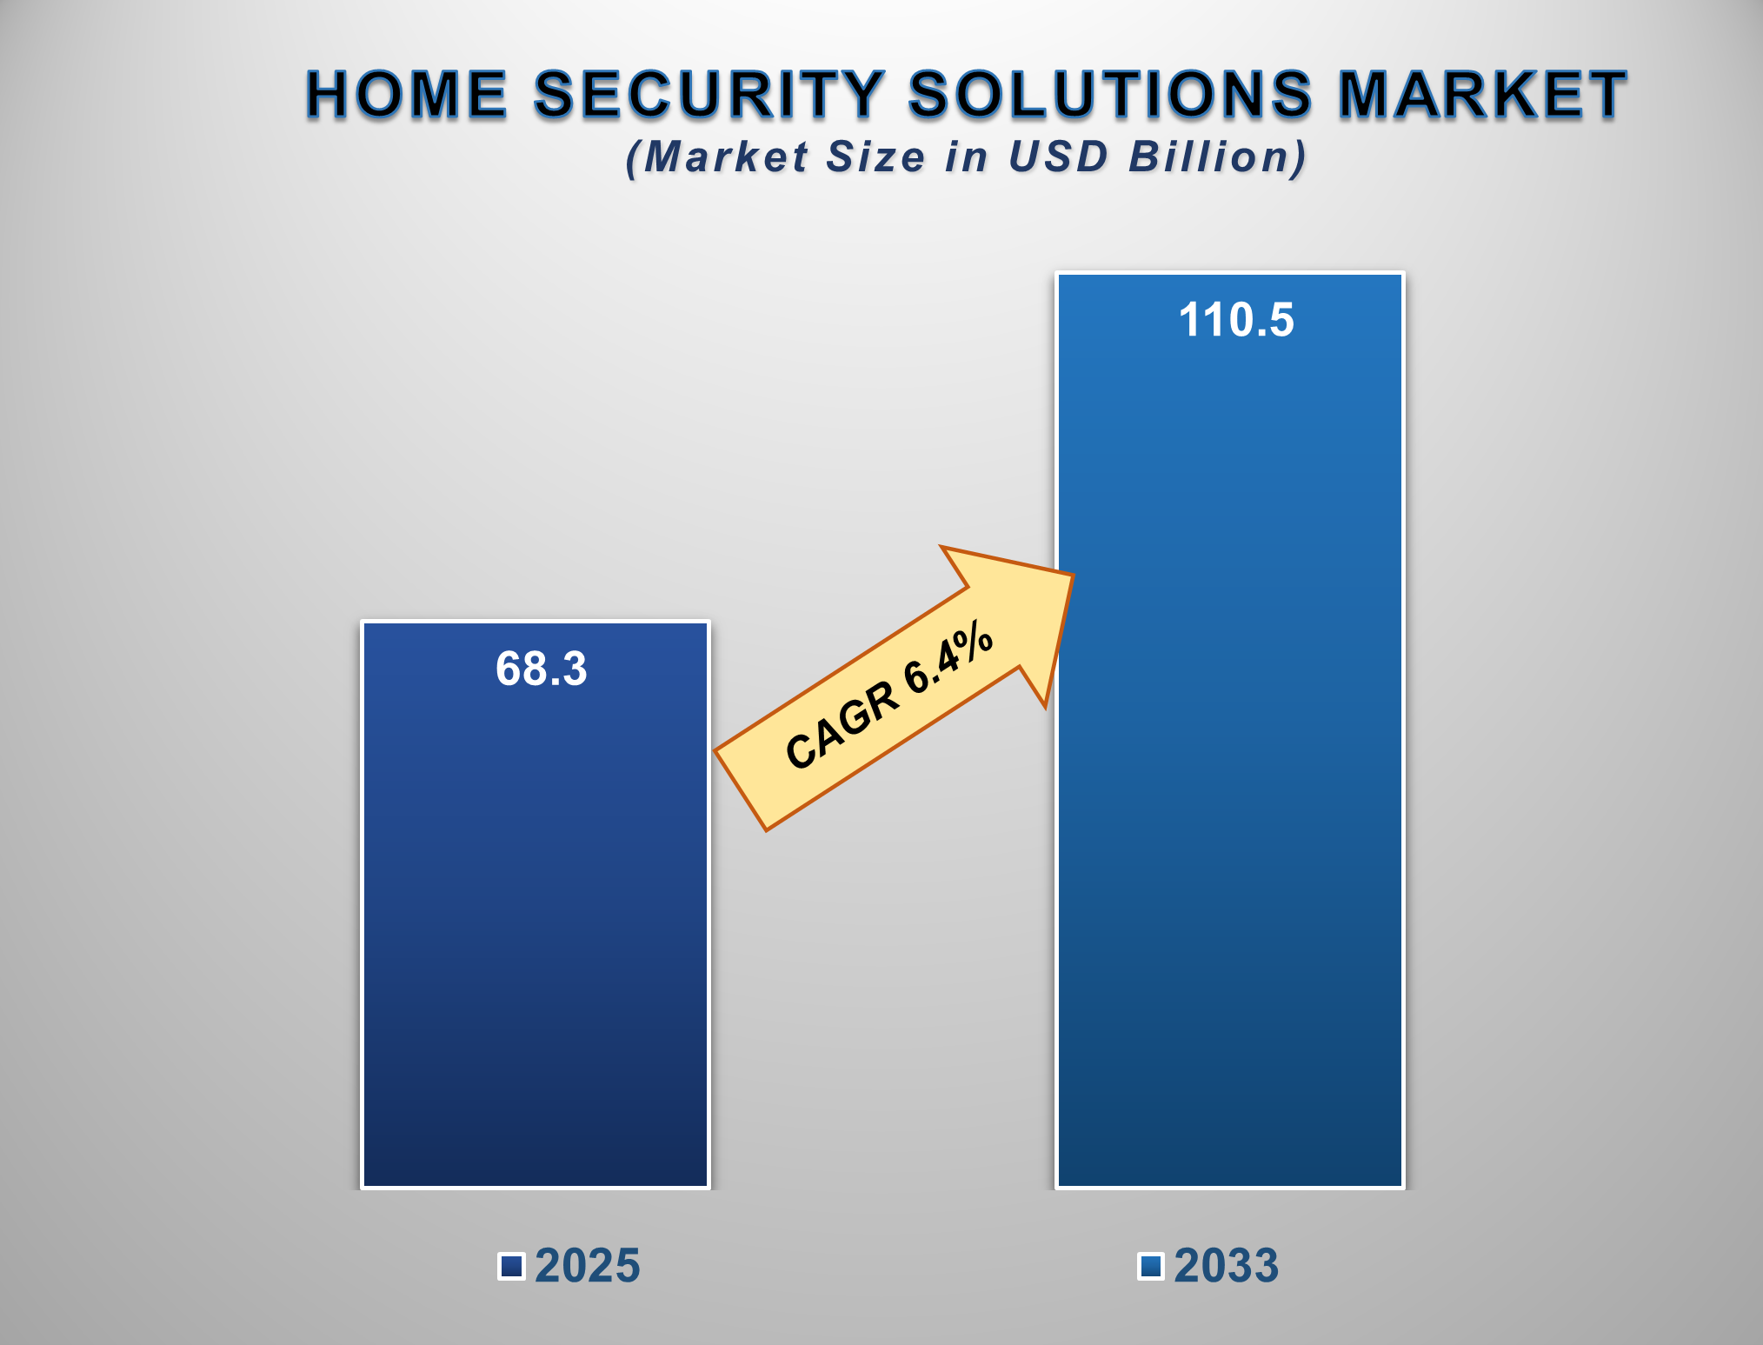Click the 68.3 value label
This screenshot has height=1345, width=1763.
point(541,669)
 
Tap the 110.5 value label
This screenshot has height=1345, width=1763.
point(1235,320)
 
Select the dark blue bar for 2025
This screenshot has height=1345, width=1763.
point(536,939)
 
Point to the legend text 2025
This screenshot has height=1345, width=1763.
point(587,1266)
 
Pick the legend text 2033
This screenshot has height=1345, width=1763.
point(1226,1266)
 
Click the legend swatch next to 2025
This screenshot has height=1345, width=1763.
point(511,1267)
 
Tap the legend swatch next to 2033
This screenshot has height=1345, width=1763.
point(1151,1267)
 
